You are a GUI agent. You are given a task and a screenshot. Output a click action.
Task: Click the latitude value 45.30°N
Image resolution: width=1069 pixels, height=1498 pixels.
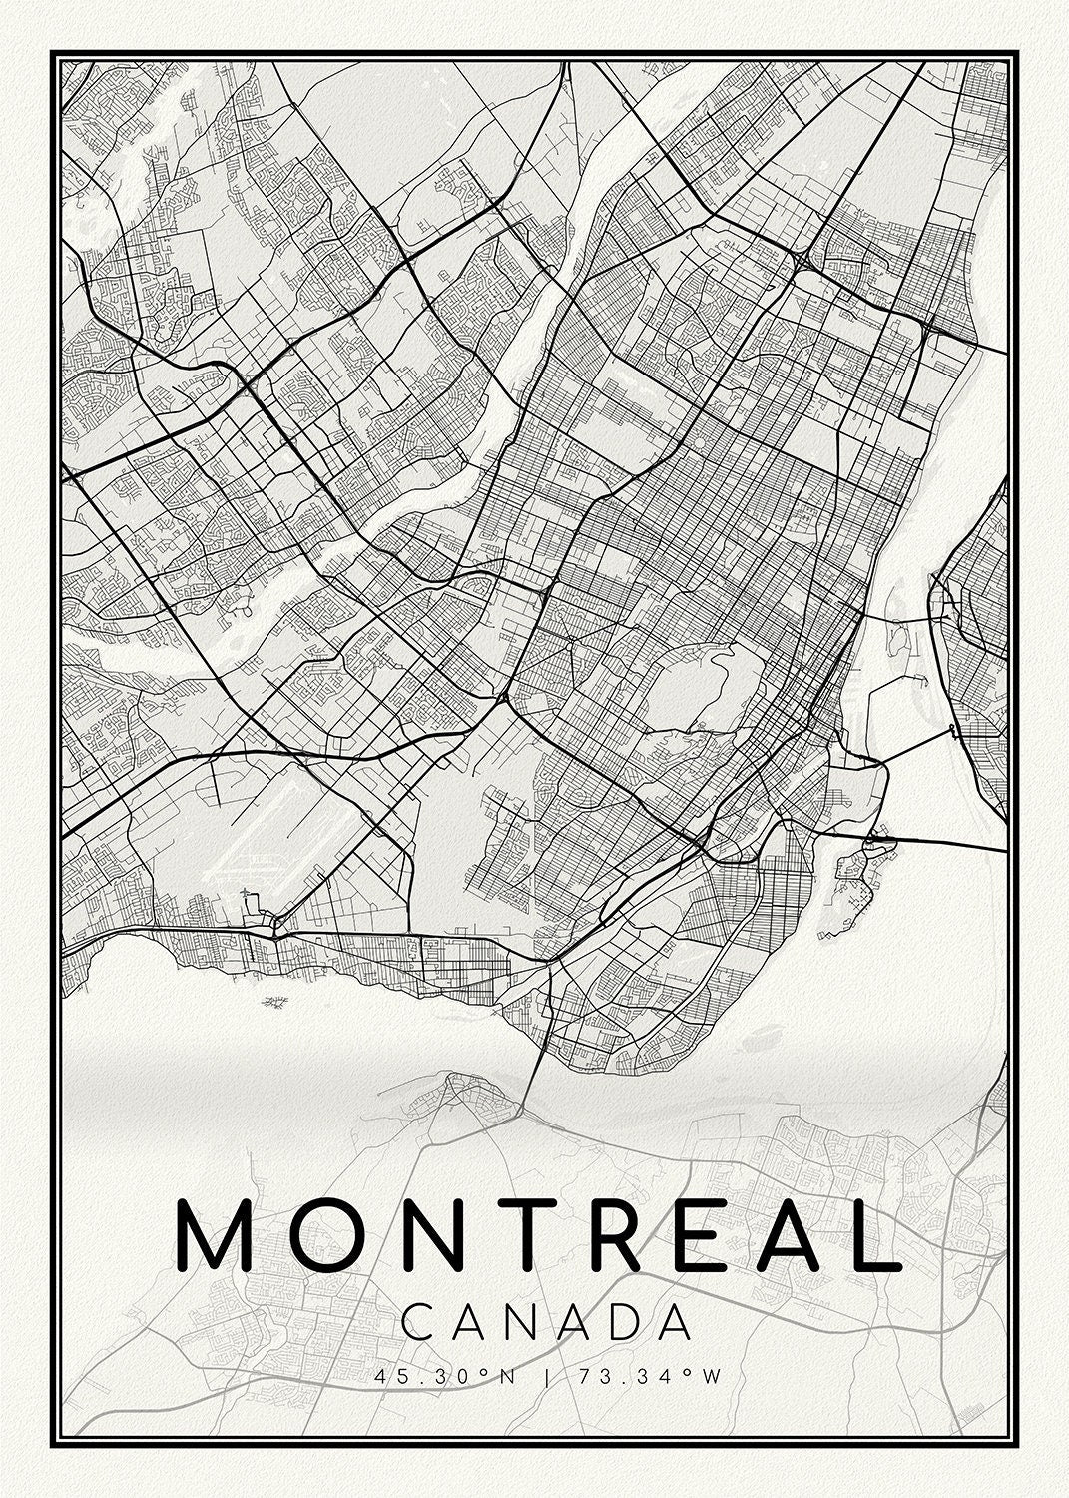445,1377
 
